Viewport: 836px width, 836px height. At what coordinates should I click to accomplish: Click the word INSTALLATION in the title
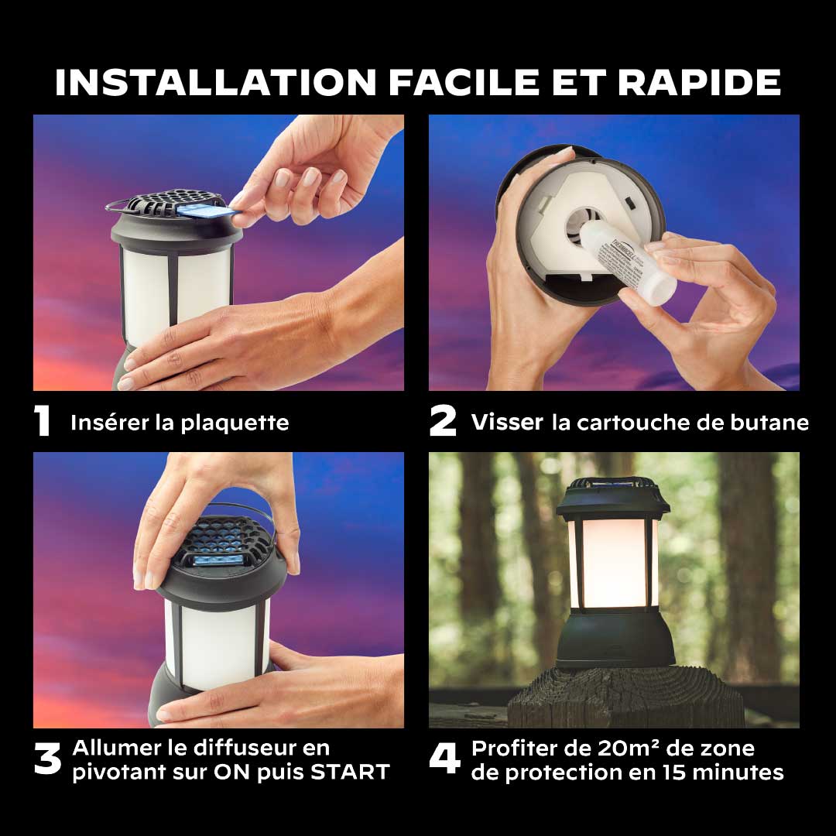pos(216,82)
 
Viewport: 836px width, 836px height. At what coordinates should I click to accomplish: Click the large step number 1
pos(42,420)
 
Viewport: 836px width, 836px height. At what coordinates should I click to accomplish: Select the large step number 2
pos(443,420)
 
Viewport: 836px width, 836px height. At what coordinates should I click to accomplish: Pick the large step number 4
pos(444,758)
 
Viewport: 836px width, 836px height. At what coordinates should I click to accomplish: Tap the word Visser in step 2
pos(507,423)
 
